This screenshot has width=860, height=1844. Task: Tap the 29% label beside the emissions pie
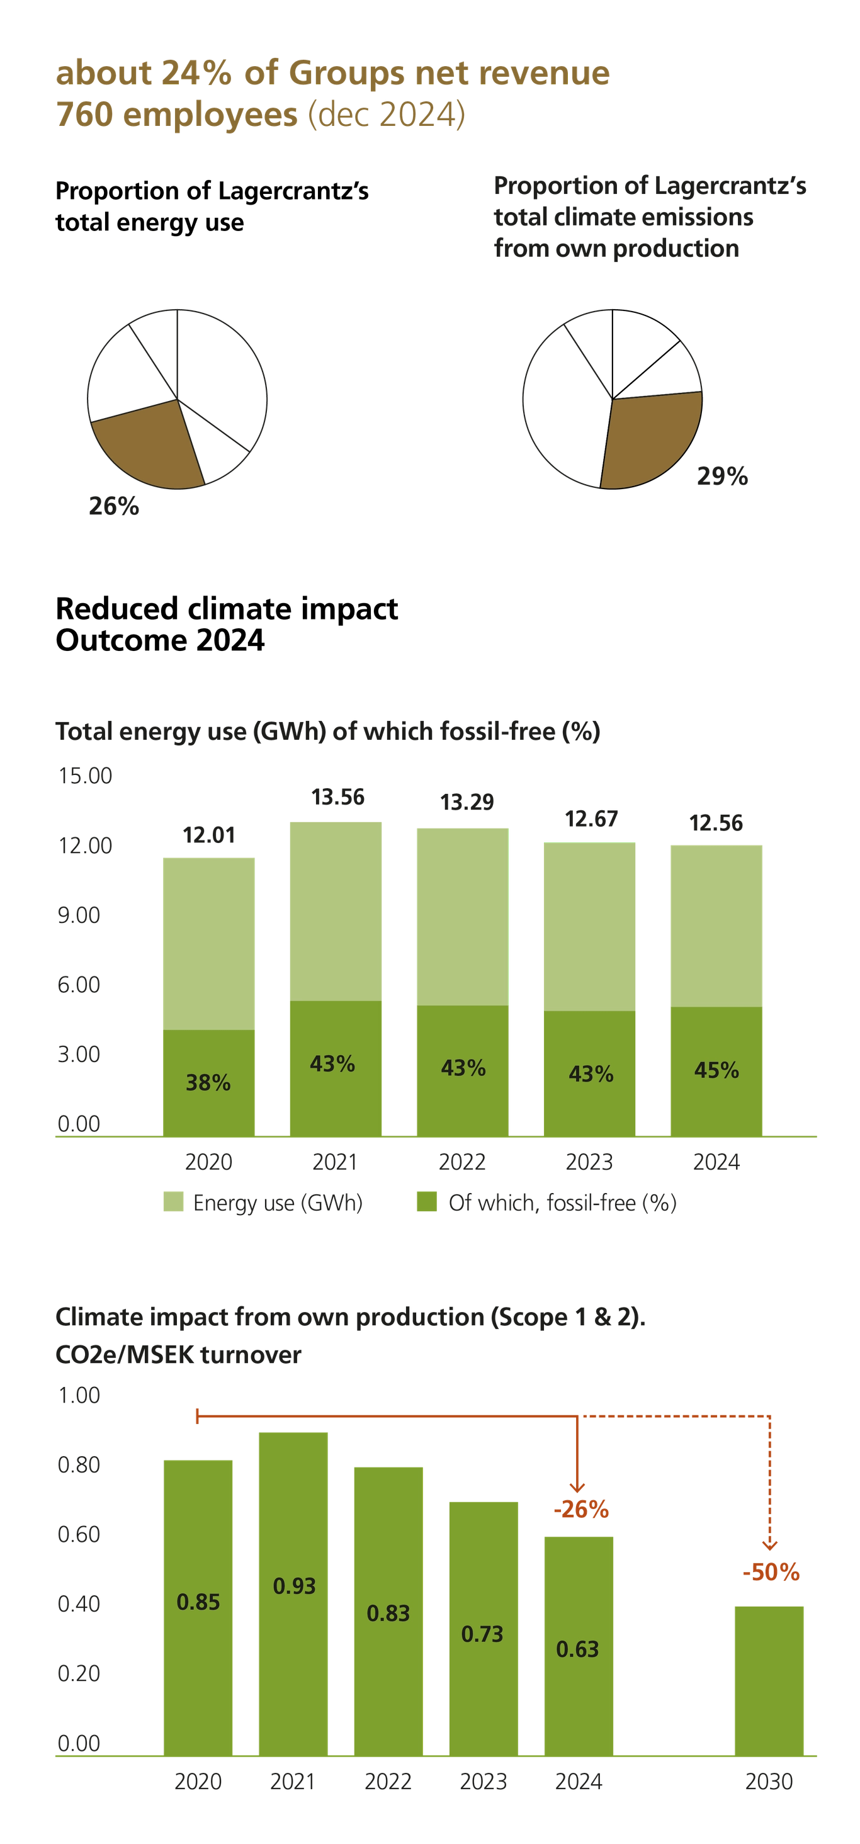click(x=721, y=477)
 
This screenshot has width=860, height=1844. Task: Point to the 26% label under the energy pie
click(x=114, y=507)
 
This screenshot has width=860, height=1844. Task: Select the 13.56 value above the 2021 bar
click(x=338, y=798)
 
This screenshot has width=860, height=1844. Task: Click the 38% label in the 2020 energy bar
click(x=208, y=1082)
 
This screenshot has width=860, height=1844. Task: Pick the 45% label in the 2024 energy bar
click(x=716, y=1070)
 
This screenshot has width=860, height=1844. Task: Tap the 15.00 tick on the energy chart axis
click(x=85, y=776)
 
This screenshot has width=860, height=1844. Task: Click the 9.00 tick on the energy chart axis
click(x=79, y=915)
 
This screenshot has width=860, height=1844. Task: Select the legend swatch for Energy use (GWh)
click(x=173, y=1202)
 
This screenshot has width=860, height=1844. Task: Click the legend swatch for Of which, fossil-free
click(x=427, y=1202)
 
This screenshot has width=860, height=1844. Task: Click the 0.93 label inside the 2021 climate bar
click(x=294, y=1586)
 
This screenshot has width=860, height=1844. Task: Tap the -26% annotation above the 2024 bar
click(x=580, y=1510)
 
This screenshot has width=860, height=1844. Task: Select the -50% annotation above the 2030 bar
click(x=771, y=1573)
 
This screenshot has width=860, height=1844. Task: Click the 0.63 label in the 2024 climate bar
click(x=577, y=1649)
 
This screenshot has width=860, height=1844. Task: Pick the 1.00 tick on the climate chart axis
click(x=79, y=1395)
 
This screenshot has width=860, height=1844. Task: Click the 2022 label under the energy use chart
click(x=462, y=1161)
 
